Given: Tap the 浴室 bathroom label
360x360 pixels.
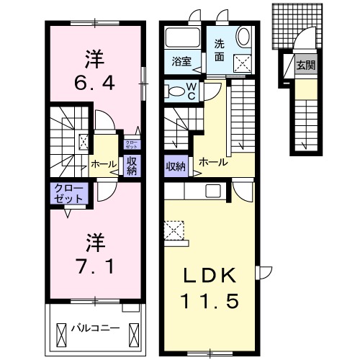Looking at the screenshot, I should pyautogui.click(x=181, y=62).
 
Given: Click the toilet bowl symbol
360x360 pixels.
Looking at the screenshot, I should pyautogui.click(x=176, y=91).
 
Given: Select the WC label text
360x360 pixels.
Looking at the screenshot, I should pyautogui.click(x=193, y=90).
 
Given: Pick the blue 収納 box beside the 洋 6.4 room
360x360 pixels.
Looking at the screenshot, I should pyautogui.click(x=132, y=166).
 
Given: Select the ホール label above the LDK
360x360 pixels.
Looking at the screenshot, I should pyautogui.click(x=213, y=163).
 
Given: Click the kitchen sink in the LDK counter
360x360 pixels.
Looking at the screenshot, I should pyautogui.click(x=214, y=191).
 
